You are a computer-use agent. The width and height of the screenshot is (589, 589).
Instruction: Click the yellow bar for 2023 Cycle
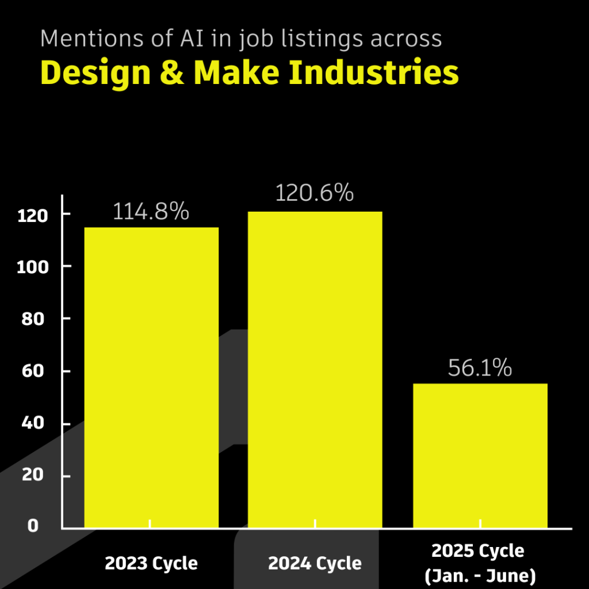pyautogui.click(x=151, y=377)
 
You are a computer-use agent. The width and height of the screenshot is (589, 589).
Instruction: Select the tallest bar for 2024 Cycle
pyautogui.click(x=315, y=369)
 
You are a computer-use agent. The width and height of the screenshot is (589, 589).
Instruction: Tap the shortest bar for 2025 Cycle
pyautogui.click(x=480, y=454)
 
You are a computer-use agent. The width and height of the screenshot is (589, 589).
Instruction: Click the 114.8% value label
pyautogui.click(x=151, y=212)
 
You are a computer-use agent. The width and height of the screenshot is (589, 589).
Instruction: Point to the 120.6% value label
pyautogui.click(x=314, y=193)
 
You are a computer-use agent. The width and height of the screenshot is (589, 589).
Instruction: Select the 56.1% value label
pyautogui.click(x=480, y=368)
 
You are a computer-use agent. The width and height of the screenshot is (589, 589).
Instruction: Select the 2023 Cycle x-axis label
pyautogui.click(x=151, y=563)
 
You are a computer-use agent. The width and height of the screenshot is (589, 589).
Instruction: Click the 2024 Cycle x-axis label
pyautogui.click(x=315, y=563)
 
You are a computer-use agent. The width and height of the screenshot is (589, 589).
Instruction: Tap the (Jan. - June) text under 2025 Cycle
pyautogui.click(x=480, y=575)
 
